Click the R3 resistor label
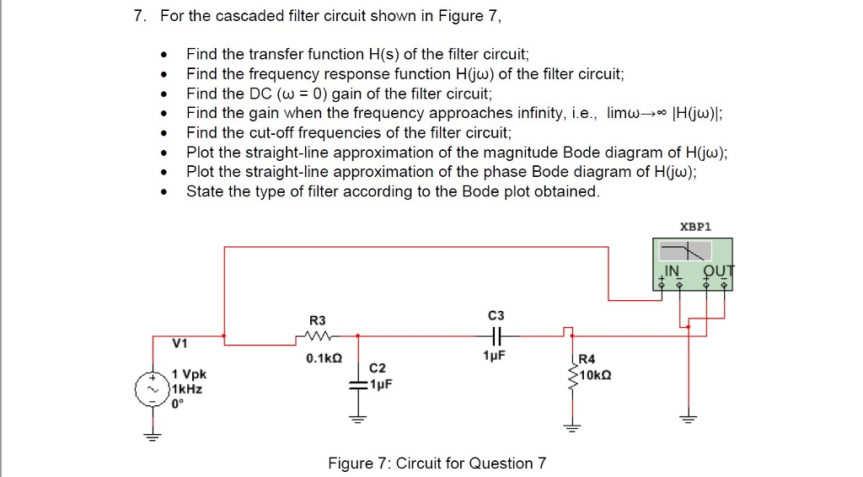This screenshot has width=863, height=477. click(x=317, y=320)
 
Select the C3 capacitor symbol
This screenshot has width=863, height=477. click(x=496, y=335)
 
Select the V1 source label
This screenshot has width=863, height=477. click(x=180, y=343)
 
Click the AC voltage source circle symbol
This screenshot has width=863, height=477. click(x=153, y=389)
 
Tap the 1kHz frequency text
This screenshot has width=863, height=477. click(x=186, y=389)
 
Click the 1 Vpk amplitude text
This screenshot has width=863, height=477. click(x=189, y=373)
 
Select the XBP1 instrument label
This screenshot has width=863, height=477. click(x=695, y=227)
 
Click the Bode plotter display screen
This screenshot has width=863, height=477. click(x=683, y=250)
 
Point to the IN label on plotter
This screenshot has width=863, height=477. click(x=672, y=271)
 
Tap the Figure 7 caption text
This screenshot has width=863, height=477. click(x=437, y=464)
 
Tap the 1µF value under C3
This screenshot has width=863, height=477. click(x=495, y=358)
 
